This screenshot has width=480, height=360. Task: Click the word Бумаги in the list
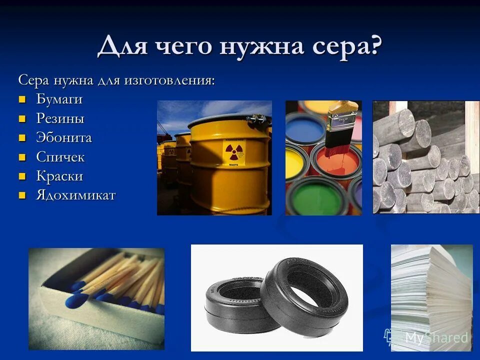59,99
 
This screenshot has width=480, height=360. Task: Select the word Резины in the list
60,119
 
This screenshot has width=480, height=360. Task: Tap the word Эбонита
64,138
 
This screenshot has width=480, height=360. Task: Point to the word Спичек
60,157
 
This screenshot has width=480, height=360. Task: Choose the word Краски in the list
59,176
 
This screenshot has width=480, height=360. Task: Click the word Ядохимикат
75,195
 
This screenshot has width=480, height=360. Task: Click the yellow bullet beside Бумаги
22,99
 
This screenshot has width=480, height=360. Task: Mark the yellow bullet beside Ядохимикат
22,195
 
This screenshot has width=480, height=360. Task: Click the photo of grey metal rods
425,157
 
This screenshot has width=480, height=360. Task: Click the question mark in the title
375,46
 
